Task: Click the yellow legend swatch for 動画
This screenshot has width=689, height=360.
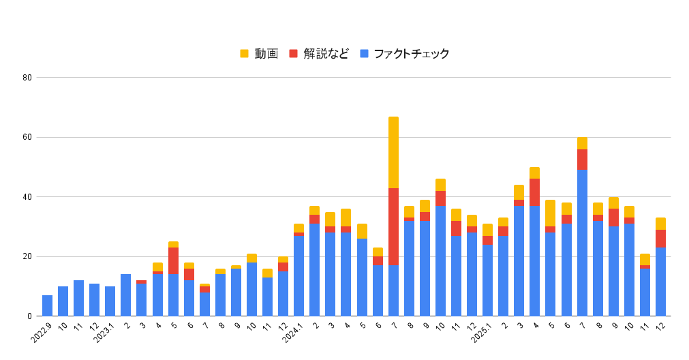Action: [x=245, y=54]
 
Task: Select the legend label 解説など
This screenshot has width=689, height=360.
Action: [x=326, y=54]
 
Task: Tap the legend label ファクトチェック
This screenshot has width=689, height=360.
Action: [x=411, y=54]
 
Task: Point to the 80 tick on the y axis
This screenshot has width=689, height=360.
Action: [x=27, y=78]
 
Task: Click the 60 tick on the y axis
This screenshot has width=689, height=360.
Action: [x=27, y=137]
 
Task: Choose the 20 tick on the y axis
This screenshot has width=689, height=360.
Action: [x=27, y=257]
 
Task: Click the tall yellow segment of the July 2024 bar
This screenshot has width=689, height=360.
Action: [x=393, y=152]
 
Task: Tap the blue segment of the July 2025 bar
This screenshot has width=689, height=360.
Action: [x=582, y=243]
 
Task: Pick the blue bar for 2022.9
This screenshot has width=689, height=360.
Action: [x=47, y=305]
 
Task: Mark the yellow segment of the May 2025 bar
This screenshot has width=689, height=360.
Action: [x=551, y=213]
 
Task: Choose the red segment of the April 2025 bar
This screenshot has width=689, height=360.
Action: [x=535, y=192]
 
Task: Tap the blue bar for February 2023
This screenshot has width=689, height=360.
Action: [x=126, y=295]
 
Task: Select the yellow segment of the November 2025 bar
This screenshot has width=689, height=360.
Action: [x=645, y=259]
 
